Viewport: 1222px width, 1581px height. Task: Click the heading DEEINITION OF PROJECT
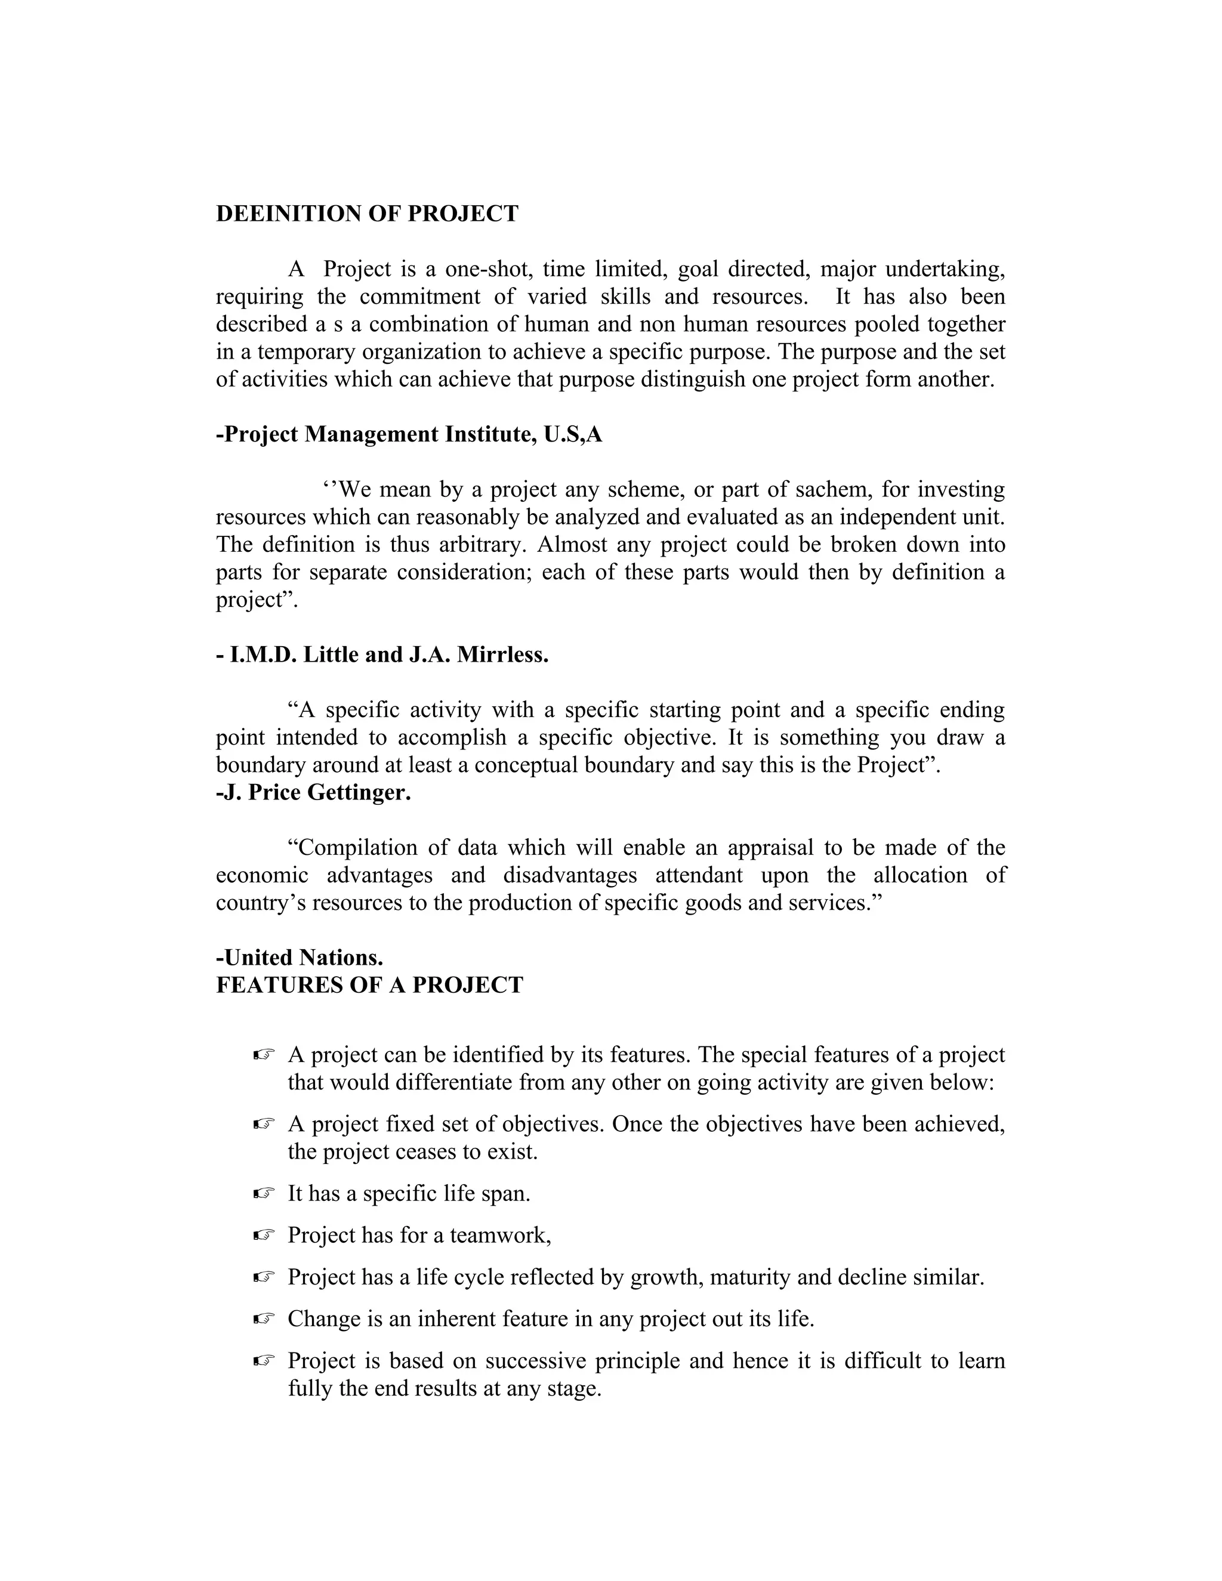367,214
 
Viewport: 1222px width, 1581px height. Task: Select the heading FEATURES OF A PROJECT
369,985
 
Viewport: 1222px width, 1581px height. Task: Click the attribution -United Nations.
300,958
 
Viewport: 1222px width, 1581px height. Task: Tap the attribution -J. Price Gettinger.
313,793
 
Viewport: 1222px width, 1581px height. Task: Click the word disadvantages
570,875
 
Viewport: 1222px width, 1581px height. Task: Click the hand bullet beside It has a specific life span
265,1194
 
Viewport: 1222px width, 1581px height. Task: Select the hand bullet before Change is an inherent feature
265,1319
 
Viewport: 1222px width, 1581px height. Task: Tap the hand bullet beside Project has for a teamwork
265,1236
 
